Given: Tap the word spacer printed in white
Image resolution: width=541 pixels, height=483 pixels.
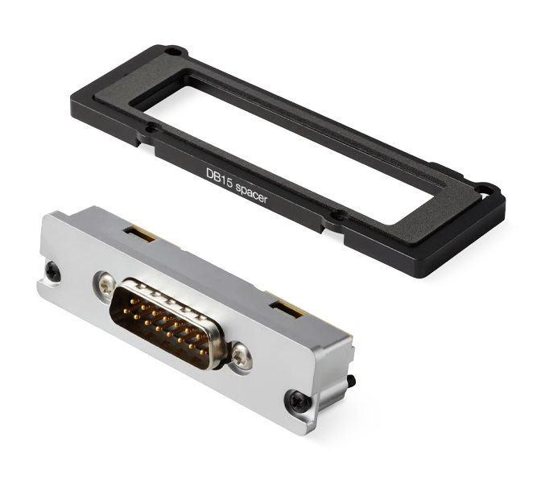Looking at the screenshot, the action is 252,194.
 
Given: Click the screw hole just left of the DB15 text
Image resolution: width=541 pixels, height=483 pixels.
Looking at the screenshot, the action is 151,130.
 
